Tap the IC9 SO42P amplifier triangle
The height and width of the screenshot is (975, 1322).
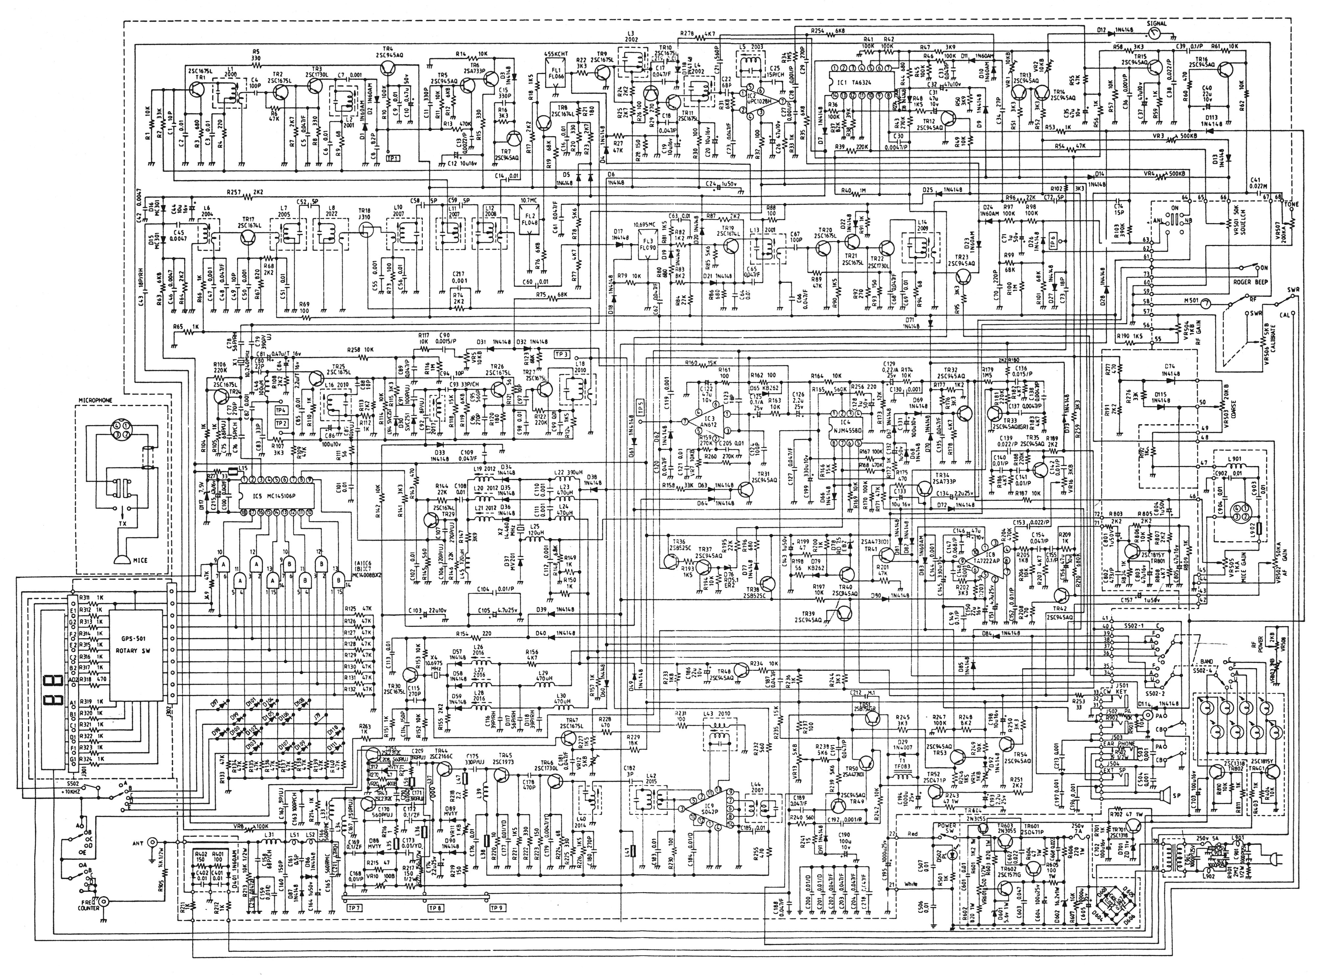tap(707, 807)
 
